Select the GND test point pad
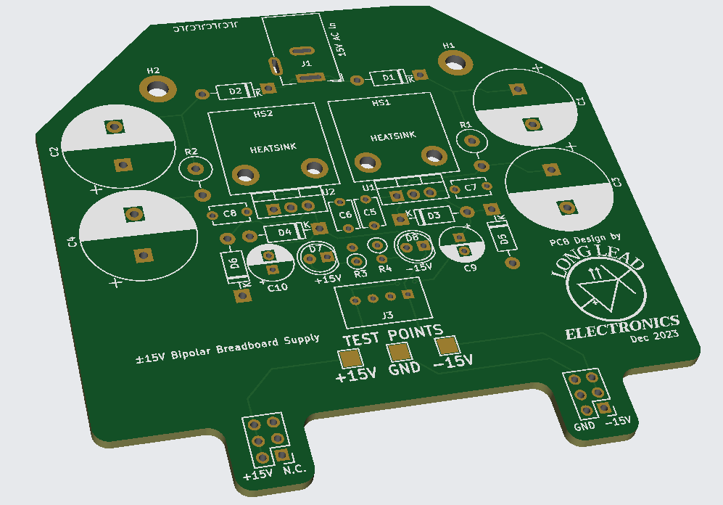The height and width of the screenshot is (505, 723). pyautogui.click(x=398, y=352)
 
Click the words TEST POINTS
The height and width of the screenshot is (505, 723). pyautogui.click(x=393, y=336)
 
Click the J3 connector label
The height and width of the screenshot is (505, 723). pyautogui.click(x=388, y=316)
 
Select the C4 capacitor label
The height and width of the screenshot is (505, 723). pyautogui.click(x=72, y=242)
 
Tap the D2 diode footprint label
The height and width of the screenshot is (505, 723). pyautogui.click(x=235, y=91)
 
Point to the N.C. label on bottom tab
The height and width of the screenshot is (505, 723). pyautogui.click(x=295, y=470)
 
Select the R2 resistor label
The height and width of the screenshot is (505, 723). pyautogui.click(x=191, y=152)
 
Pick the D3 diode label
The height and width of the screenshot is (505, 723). pyautogui.click(x=434, y=215)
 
